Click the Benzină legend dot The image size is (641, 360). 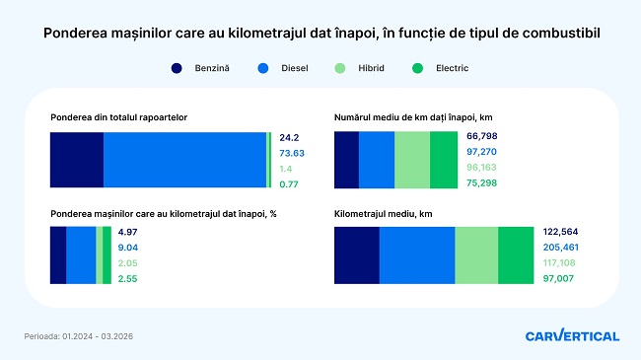coord(177,68)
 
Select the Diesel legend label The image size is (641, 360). coord(294,68)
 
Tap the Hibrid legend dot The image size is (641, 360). coord(339,68)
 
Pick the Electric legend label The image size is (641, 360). coord(452,68)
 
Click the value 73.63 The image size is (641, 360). coord(292,154)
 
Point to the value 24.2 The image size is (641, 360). coord(289,138)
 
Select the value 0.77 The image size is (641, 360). coord(289,184)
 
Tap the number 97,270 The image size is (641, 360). coord(481,152)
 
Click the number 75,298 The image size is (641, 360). coord(481,182)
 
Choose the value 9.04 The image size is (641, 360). coord(128,248)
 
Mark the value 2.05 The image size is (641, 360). coord(127,263)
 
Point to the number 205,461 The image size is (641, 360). coord(561,248)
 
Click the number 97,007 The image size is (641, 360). coord(558,278)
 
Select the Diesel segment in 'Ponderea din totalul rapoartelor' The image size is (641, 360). coord(184,160)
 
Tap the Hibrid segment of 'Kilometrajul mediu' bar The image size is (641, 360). coord(476,255)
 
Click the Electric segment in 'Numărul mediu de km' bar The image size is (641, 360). coord(444,160)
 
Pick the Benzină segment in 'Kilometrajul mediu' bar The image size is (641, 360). coord(357,255)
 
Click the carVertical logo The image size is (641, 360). coord(572,335)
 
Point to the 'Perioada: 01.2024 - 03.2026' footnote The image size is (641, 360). coord(79,336)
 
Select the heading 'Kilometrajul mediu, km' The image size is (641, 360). coord(383,214)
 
